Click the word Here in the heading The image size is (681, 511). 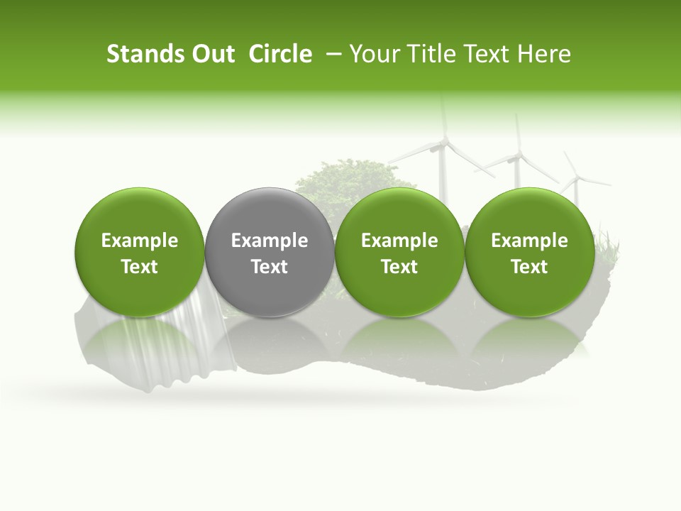click(543, 54)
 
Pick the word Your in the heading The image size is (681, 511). click(372, 54)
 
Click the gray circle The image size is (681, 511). click(270, 253)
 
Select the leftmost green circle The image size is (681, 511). click(140, 253)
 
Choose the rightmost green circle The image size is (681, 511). click(530, 253)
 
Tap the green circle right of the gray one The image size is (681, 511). click(399, 253)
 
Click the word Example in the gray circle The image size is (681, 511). click(270, 241)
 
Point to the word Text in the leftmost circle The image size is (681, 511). click(140, 267)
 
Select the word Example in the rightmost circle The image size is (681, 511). click(530, 241)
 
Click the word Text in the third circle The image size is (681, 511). click(399, 267)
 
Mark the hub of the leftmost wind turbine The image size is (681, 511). click(443, 145)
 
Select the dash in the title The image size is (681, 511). click(331, 54)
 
